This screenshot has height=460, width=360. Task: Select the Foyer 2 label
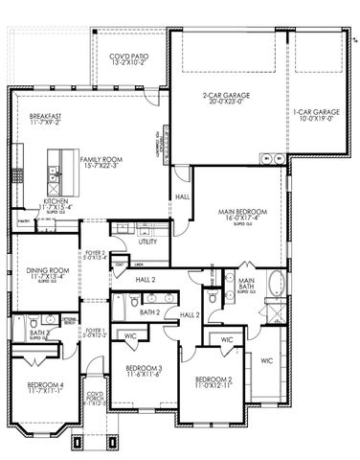point(93,254)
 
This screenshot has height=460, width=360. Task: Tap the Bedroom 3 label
point(146,369)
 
